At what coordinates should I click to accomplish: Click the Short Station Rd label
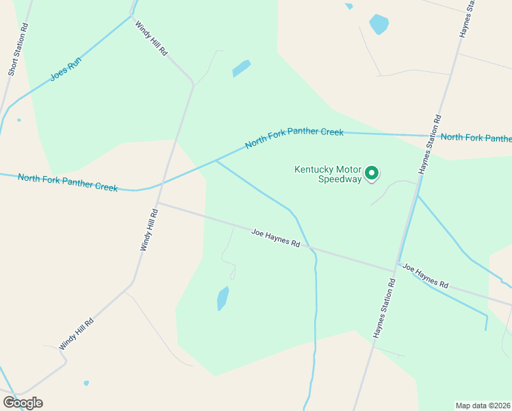(x=17, y=49)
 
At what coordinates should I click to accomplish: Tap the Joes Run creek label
(x=66, y=69)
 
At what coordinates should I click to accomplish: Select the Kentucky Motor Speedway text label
(x=328, y=174)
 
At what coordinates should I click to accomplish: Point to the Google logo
(x=23, y=403)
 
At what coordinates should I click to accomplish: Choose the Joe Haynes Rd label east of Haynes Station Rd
(x=425, y=275)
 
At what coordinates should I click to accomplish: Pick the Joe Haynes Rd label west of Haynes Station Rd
(x=275, y=238)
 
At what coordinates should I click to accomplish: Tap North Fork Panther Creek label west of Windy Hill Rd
(x=68, y=182)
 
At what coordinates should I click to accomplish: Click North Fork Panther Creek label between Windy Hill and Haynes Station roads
(x=294, y=137)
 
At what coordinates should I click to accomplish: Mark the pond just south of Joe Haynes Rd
(x=222, y=299)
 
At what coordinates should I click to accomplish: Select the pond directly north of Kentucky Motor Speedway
(x=379, y=25)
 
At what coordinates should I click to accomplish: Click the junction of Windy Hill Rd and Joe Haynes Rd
(x=157, y=203)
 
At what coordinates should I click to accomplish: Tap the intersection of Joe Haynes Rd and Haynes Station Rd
(x=397, y=264)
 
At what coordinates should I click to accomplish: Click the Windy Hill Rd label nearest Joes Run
(x=151, y=38)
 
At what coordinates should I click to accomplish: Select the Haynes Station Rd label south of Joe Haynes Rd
(x=384, y=308)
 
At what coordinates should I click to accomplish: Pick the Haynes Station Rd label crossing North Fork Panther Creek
(x=429, y=145)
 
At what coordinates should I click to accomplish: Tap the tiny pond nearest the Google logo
(x=86, y=383)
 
